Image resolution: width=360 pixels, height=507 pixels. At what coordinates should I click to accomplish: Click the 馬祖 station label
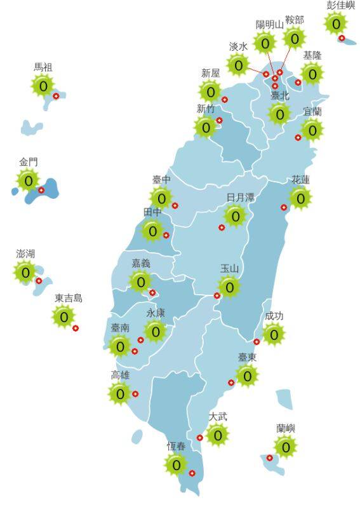[43, 67]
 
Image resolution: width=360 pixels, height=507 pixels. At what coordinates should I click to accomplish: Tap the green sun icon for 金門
[28, 181]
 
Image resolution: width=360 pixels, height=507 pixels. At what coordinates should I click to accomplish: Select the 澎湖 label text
[25, 253]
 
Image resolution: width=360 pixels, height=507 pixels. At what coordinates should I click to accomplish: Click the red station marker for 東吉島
[76, 328]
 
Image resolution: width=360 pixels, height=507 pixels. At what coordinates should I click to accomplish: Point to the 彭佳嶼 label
[341, 5]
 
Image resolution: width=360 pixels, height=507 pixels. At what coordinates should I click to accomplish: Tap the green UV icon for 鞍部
[295, 38]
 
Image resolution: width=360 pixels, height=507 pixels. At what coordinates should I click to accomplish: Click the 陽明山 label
[269, 25]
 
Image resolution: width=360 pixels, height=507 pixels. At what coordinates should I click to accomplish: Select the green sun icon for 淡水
[239, 65]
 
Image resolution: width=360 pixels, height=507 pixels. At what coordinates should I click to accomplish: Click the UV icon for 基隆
[312, 74]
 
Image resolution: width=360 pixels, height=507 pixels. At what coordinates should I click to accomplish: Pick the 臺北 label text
[279, 96]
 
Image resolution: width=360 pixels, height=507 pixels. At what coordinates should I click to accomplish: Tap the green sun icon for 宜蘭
[312, 130]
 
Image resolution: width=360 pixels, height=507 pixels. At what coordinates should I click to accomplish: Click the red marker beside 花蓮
[284, 207]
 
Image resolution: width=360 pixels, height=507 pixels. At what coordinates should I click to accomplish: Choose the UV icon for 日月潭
[236, 217]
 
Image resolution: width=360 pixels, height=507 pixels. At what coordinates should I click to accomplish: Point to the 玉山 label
[229, 269]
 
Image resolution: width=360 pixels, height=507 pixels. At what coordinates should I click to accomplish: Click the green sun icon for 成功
[274, 334]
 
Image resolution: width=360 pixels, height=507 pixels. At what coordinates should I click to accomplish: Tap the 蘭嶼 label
[286, 429]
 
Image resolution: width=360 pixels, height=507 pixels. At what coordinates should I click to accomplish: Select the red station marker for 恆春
[192, 473]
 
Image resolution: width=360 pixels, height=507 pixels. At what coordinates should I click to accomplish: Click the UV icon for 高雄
[120, 394]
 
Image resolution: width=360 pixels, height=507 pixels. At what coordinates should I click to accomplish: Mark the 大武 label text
[218, 417]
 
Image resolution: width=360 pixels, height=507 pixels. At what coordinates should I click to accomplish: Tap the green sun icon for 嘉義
[141, 281]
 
